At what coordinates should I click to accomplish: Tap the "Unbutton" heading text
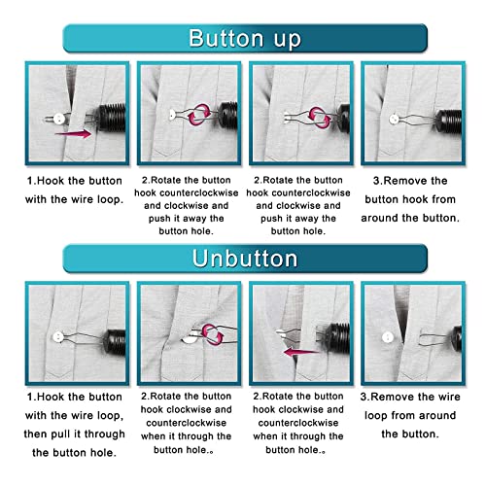pos(245,260)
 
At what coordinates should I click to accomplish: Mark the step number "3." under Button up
pos(380,181)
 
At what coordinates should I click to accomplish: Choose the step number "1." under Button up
pos(32,181)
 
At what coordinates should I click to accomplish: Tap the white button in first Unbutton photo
pos(59,337)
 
